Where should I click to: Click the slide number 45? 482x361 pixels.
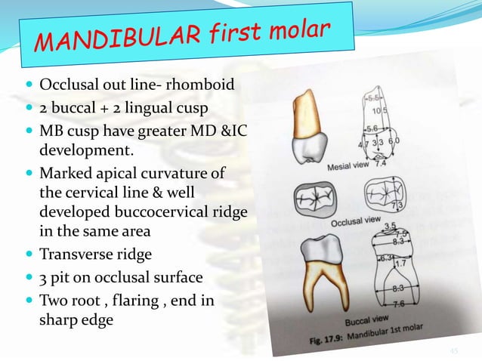[x=454, y=350]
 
